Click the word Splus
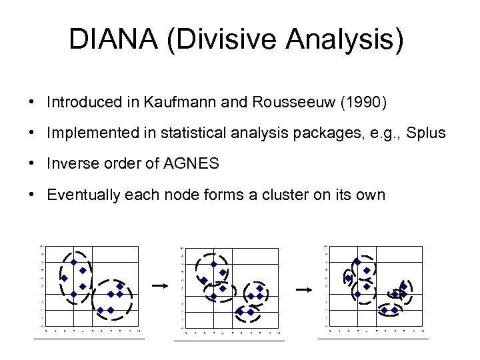(x=425, y=133)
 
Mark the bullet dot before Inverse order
(x=32, y=163)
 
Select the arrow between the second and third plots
(x=303, y=289)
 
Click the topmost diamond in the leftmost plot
(x=74, y=262)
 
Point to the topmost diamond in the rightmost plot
(x=357, y=262)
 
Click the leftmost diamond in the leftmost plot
(x=65, y=278)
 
